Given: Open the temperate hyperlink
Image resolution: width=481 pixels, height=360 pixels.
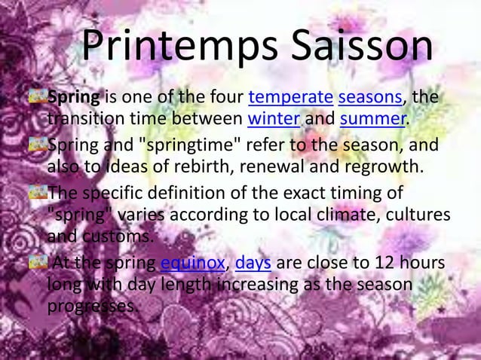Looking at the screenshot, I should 290,98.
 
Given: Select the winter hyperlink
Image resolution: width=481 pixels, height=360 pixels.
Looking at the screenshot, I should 275,119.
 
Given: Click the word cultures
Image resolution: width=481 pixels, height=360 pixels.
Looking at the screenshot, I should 411,215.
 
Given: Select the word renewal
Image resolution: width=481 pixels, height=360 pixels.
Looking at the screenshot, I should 259,166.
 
